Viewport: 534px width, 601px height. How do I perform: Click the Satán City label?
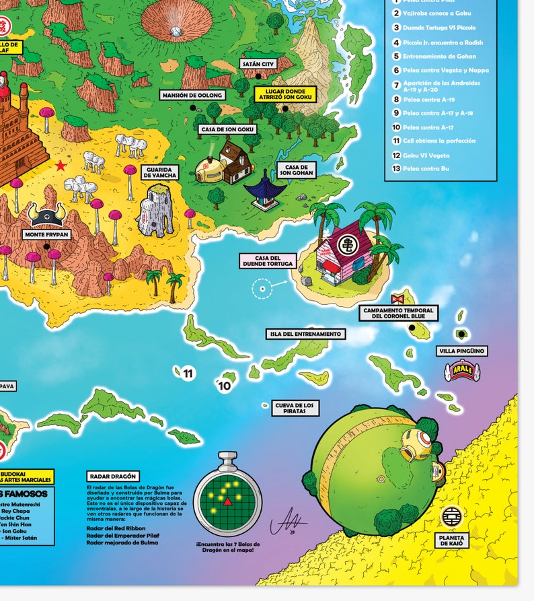[x=258, y=64]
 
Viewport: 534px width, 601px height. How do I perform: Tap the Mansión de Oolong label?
[x=192, y=96]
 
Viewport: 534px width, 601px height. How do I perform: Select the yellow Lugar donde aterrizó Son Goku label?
[x=285, y=94]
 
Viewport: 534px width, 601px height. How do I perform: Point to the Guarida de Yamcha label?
[x=160, y=172]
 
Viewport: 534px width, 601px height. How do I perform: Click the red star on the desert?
[x=61, y=166]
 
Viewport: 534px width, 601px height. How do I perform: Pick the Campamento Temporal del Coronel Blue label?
[x=398, y=313]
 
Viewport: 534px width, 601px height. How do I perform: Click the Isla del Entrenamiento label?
[x=305, y=334]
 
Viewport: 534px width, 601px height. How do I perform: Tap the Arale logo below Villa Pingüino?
[x=460, y=372]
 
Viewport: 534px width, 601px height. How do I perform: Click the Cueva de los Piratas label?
[x=294, y=408]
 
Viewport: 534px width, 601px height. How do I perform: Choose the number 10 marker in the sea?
[x=225, y=386]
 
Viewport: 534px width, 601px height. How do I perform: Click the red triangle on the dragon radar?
[x=227, y=501]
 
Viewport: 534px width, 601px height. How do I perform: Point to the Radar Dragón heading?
[x=112, y=476]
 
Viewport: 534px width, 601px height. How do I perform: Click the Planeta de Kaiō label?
[x=453, y=540]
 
